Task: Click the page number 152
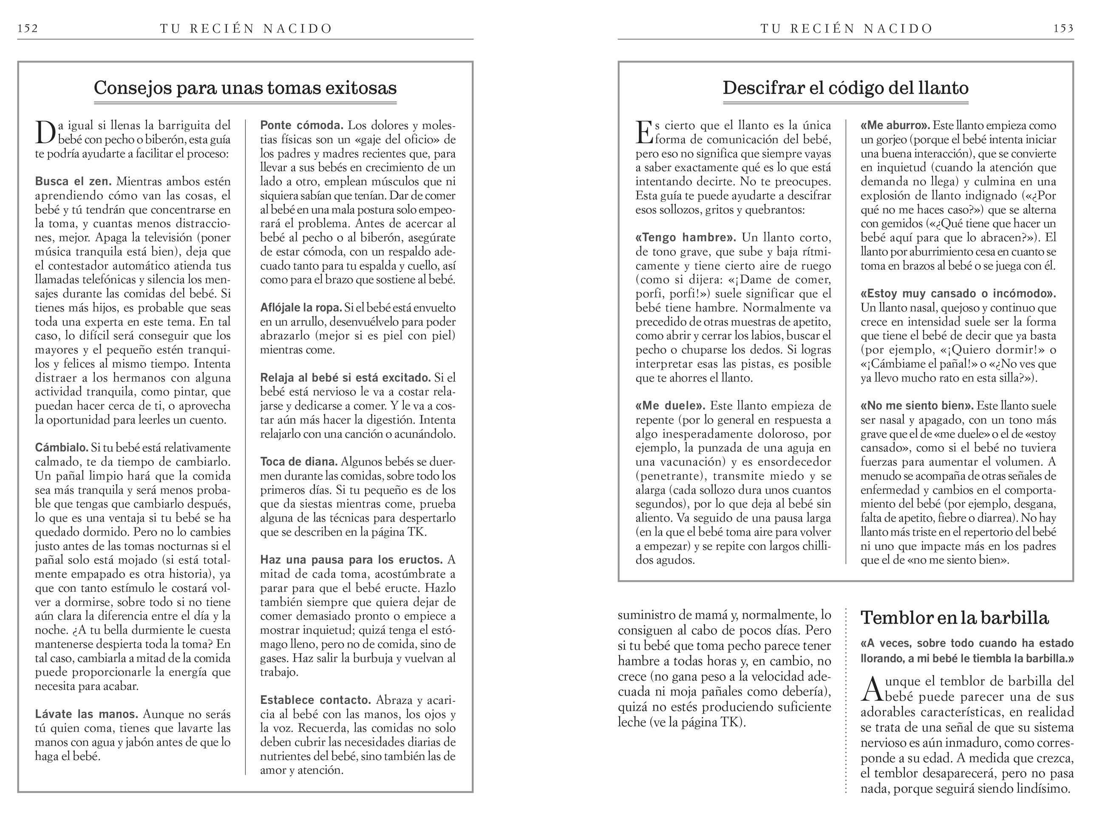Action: [28, 28]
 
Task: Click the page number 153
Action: [1063, 28]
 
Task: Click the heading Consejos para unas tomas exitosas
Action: [245, 88]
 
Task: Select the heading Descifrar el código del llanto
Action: [845, 88]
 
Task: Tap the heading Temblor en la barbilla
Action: [954, 618]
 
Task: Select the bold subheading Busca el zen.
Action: [73, 182]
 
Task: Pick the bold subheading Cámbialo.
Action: [61, 448]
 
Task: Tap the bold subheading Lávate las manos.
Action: [87, 714]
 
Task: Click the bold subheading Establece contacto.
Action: [315, 700]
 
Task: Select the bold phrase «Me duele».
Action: [670, 406]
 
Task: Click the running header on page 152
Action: [246, 28]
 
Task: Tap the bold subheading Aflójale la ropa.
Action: [300, 308]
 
